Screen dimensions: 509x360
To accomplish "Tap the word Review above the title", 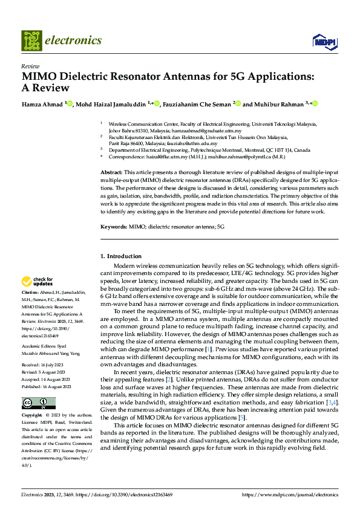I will click(30, 66).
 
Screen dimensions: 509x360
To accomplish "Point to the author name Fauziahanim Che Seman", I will click(197, 104).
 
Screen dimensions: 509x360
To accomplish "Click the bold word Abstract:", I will click(111, 173).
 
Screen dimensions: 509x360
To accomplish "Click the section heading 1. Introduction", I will click(121, 256).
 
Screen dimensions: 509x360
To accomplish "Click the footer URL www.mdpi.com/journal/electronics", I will click(290, 494).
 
